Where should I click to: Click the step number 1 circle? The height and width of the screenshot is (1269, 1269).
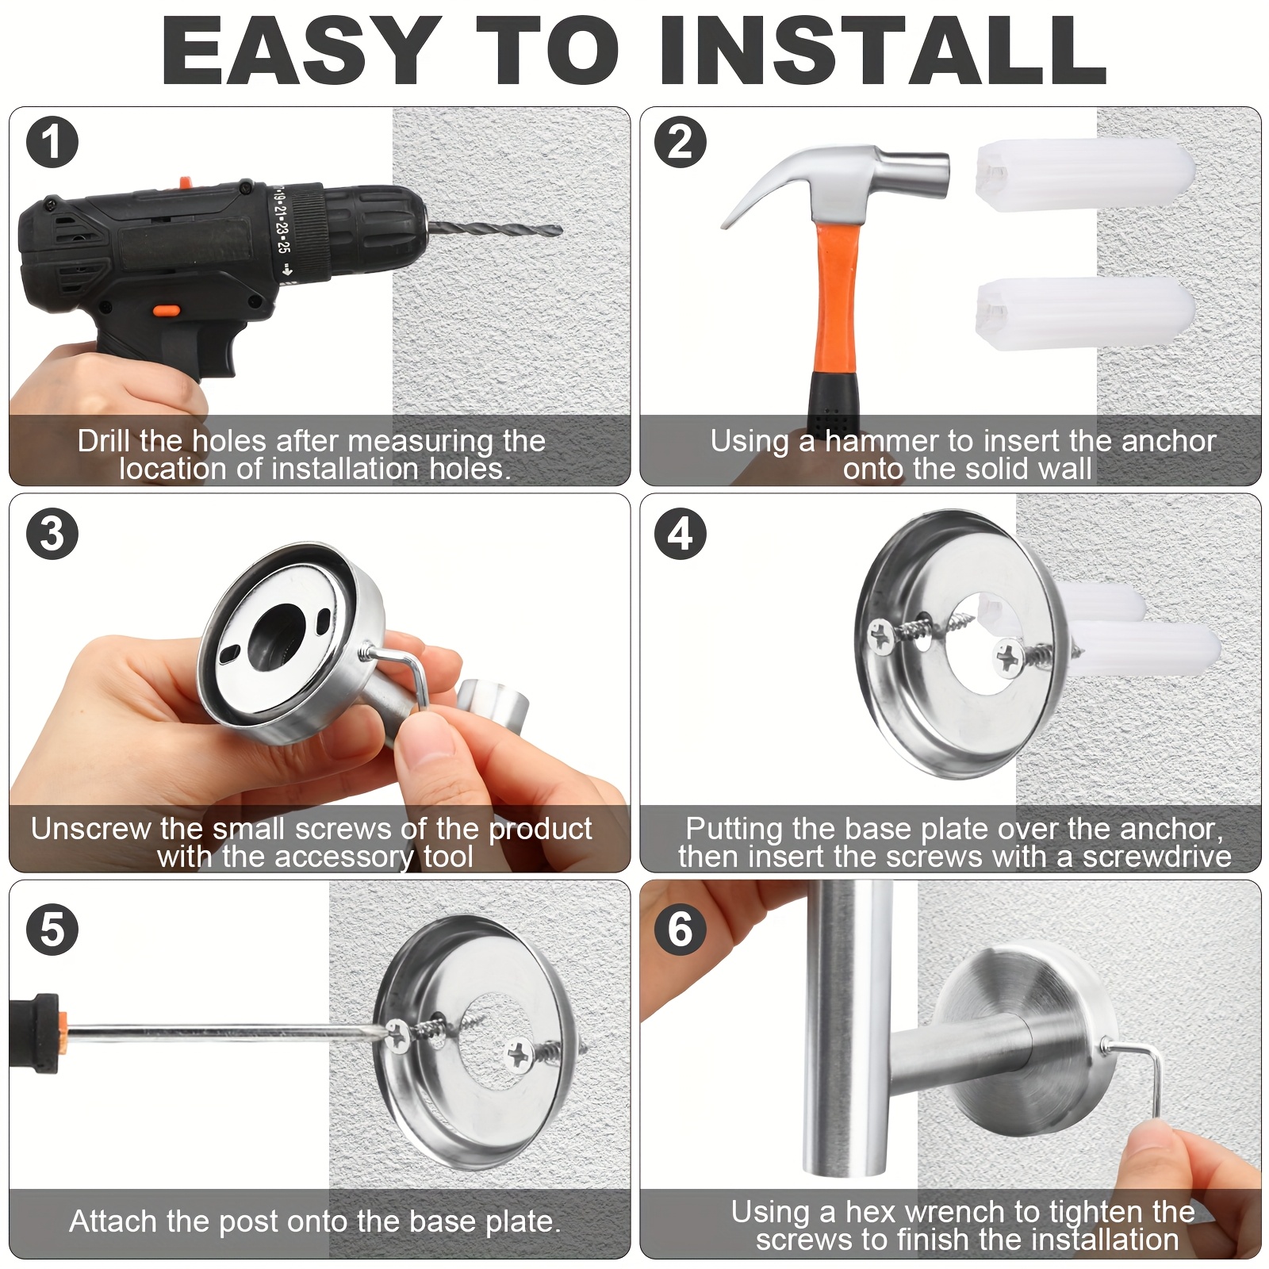pyautogui.click(x=52, y=143)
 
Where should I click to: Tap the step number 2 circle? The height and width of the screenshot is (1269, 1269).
pyautogui.click(x=681, y=143)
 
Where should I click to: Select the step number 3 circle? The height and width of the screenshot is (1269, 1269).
pyautogui.click(x=52, y=533)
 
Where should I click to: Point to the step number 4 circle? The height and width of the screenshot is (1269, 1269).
pyautogui.click(x=681, y=533)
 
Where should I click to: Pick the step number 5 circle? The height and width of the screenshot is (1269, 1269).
pyautogui.click(x=52, y=929)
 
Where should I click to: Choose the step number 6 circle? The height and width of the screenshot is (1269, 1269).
pyautogui.click(x=681, y=929)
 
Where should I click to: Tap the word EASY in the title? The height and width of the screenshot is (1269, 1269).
pyautogui.click(x=301, y=50)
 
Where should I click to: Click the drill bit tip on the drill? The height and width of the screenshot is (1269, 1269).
pyautogui.click(x=559, y=232)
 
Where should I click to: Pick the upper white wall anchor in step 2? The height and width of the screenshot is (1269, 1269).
pyautogui.click(x=1084, y=175)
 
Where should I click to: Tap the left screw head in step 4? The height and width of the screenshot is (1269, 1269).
pyautogui.click(x=881, y=635)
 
